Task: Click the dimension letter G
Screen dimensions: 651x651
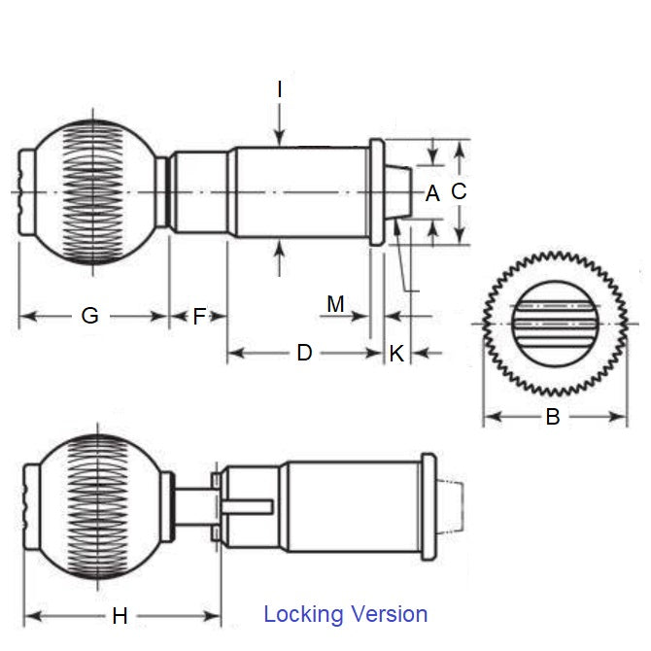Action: pos(89,316)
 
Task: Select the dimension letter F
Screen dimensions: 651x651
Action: pos(199,316)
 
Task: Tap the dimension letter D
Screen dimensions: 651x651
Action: pos(304,353)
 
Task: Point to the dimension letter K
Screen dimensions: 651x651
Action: pos(396,354)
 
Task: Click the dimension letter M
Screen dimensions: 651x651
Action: pos(335,304)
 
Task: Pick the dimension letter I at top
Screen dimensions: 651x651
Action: pos(279,89)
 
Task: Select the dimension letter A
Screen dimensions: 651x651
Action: pos(432,193)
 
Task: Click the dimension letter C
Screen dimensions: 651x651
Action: pos(460,191)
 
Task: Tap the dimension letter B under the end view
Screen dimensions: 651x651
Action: pos(552,418)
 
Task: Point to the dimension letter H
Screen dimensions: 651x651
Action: pos(120,615)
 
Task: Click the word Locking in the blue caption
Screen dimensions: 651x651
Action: pos(303,614)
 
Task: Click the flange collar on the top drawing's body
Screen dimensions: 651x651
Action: pos(376,192)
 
